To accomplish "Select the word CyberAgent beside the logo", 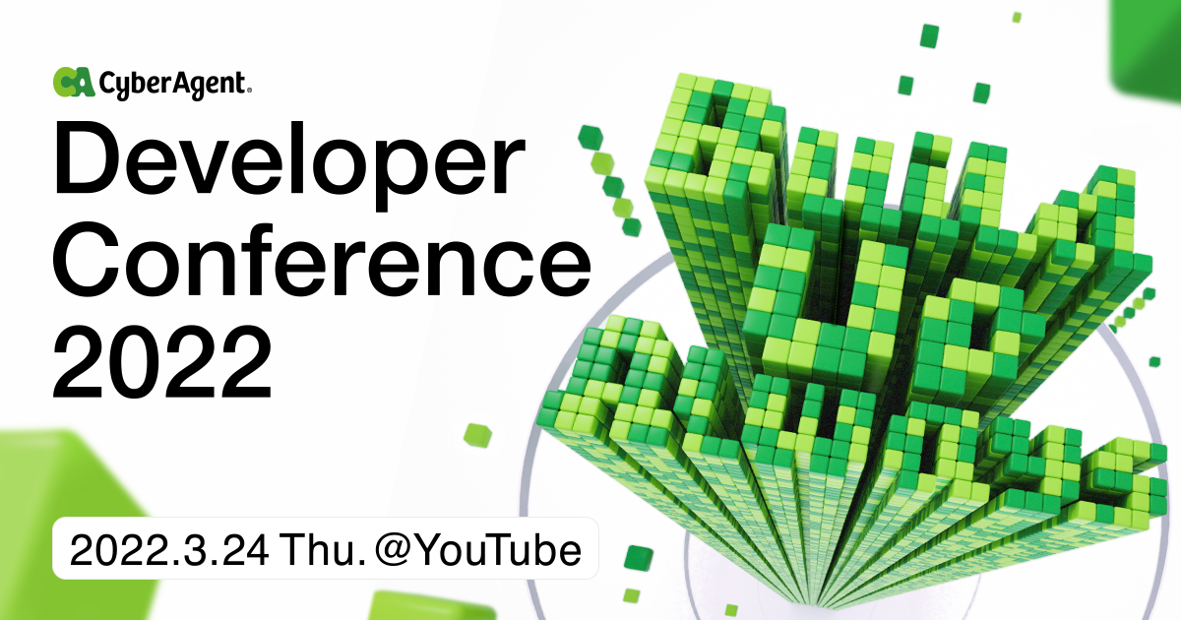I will click(x=173, y=86).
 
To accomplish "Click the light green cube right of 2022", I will click(x=477, y=434).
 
